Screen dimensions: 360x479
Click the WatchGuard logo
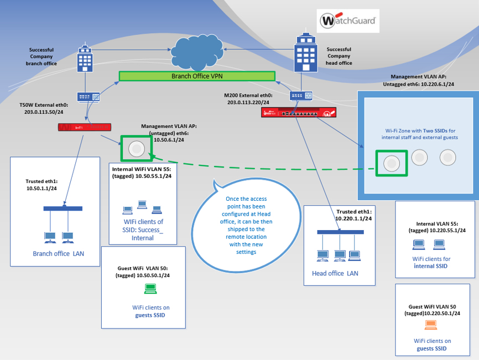[348, 23]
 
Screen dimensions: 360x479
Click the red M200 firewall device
[299, 113]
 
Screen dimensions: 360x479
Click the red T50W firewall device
[84, 127]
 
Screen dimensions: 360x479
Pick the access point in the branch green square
[136, 149]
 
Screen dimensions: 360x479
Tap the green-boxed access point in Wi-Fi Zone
[392, 162]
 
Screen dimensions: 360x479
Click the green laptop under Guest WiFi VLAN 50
[150, 288]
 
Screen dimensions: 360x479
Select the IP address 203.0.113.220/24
[248, 102]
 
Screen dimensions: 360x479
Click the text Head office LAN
[335, 274]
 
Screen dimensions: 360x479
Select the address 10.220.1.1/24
[354, 218]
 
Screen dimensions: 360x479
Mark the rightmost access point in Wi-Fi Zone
[447, 158]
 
